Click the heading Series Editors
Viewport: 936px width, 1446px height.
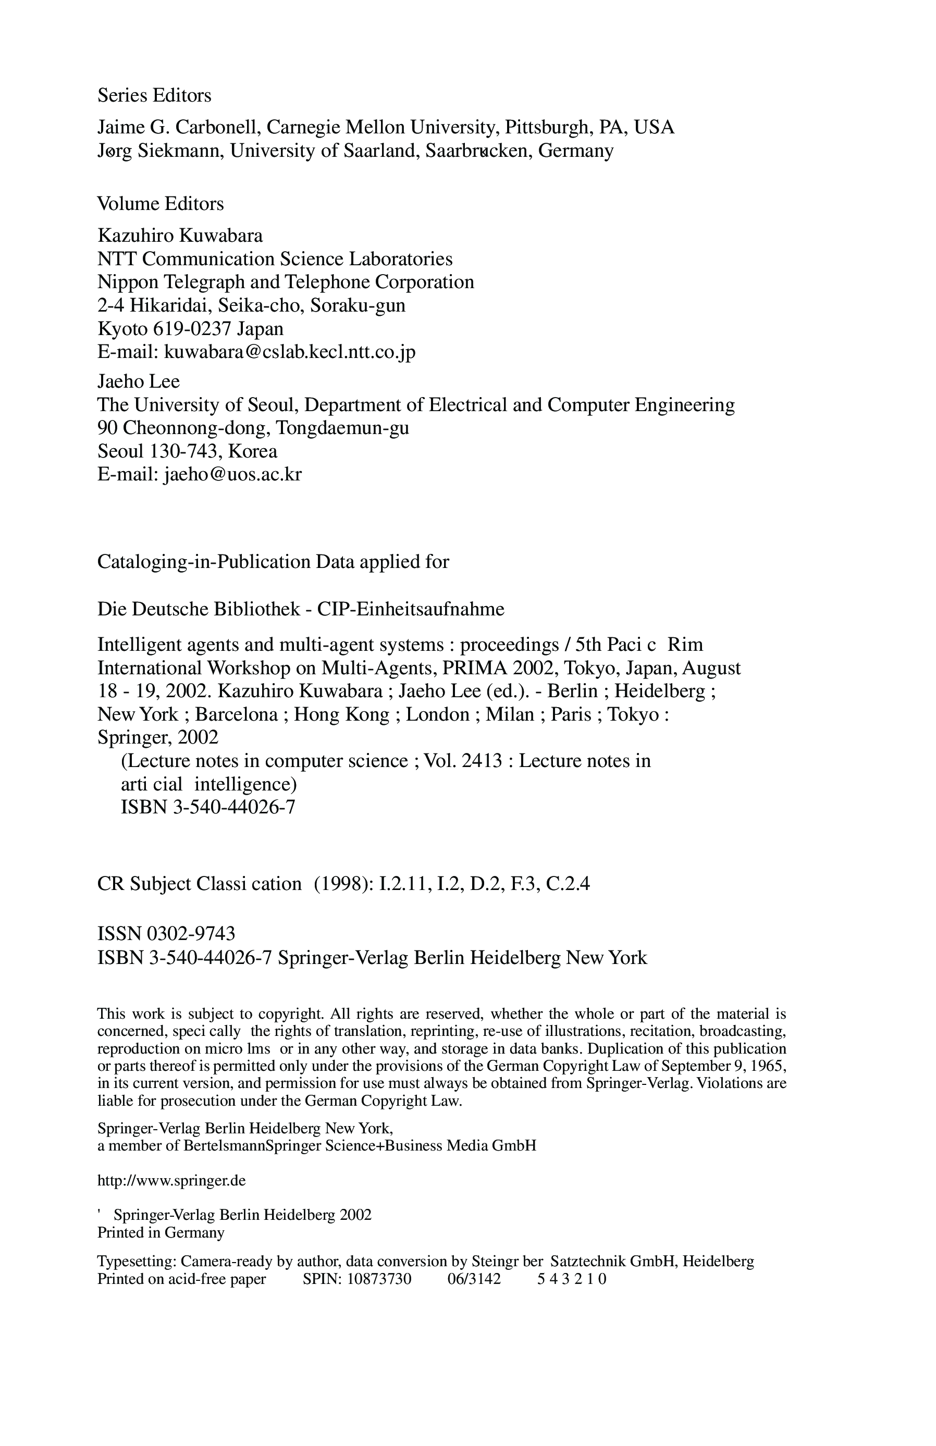click(154, 95)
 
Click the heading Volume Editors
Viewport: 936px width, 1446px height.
click(161, 204)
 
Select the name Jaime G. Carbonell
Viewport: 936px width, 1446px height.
click(179, 128)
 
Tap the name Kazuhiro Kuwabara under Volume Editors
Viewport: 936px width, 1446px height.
click(180, 235)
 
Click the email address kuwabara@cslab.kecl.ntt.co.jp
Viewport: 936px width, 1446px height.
click(290, 352)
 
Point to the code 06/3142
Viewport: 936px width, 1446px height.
click(474, 1279)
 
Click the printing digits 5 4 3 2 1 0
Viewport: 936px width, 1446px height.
click(572, 1279)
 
